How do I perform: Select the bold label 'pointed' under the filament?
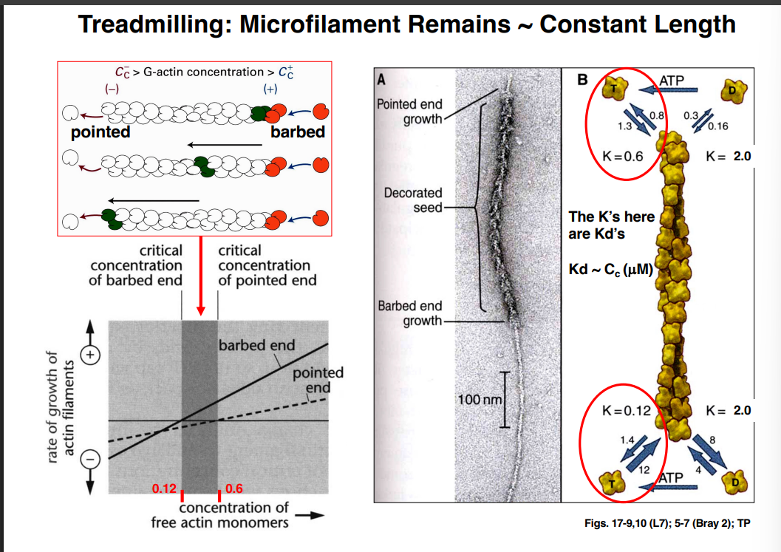[x=100, y=133]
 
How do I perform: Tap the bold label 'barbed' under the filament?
[x=298, y=133]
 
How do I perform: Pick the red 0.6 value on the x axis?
[x=235, y=488]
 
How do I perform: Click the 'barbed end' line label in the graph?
[x=256, y=345]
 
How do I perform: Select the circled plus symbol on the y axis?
[x=89, y=354]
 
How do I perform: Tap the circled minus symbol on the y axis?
[x=89, y=458]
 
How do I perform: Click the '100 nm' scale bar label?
[x=480, y=400]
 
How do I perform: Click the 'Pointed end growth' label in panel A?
[x=409, y=112]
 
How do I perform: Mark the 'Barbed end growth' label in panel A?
[x=409, y=313]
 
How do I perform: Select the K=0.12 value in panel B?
[x=627, y=410]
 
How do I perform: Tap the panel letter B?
[x=582, y=79]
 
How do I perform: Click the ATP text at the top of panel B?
[x=669, y=80]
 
